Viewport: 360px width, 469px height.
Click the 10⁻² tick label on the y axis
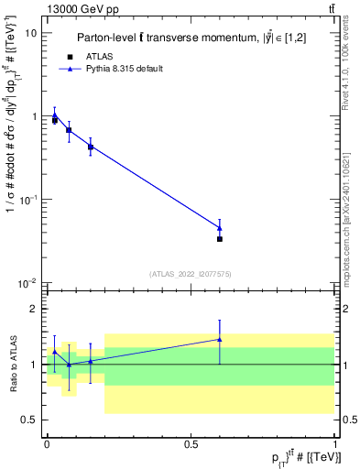click(x=27, y=282)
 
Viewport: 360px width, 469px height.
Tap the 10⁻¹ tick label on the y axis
click(x=27, y=199)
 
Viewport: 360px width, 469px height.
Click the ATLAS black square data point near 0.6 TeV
click(x=220, y=239)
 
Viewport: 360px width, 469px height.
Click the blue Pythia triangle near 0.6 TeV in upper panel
click(x=220, y=228)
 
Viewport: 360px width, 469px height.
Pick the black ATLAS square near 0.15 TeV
click(x=91, y=147)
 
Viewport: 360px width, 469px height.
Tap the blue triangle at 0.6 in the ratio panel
click(x=220, y=339)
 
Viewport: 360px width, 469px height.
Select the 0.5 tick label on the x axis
click(x=191, y=443)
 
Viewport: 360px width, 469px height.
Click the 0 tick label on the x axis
click(x=47, y=443)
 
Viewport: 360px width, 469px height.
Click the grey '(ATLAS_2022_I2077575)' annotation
click(x=191, y=273)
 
